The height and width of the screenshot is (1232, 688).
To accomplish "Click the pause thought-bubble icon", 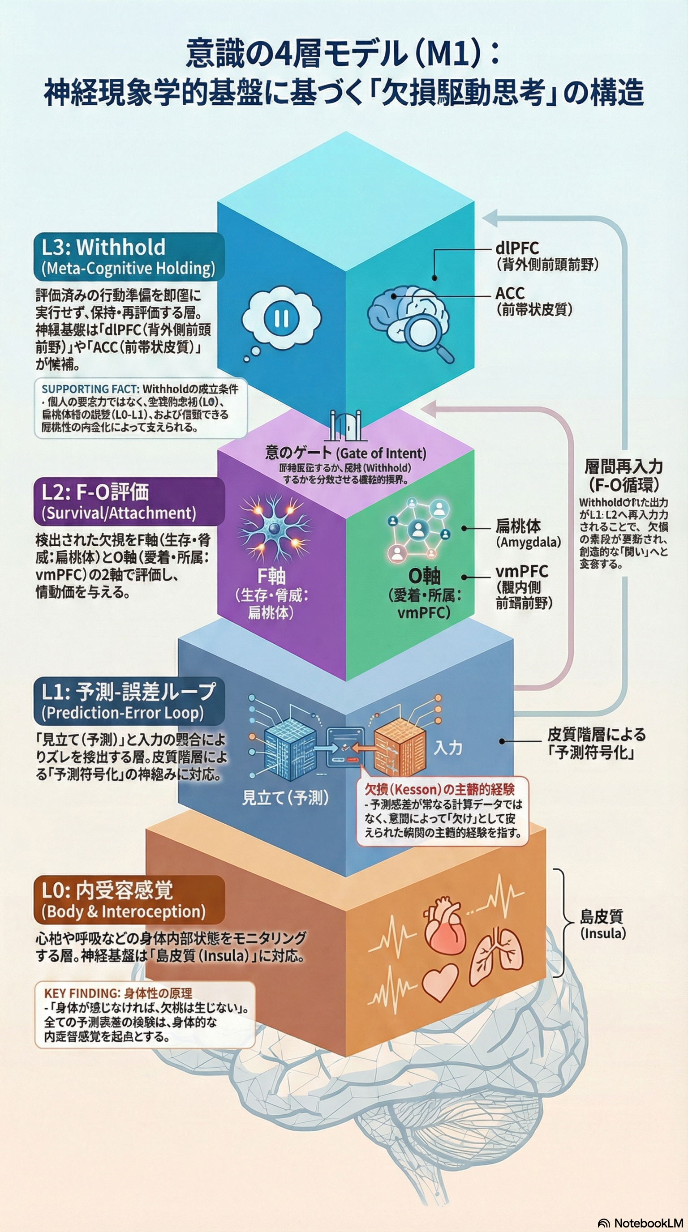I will [x=281, y=319].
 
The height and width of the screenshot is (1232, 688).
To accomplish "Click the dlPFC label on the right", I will [x=517, y=248].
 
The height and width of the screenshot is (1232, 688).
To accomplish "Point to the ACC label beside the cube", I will [x=510, y=293].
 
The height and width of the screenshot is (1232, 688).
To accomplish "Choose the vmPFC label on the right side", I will [x=521, y=572].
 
